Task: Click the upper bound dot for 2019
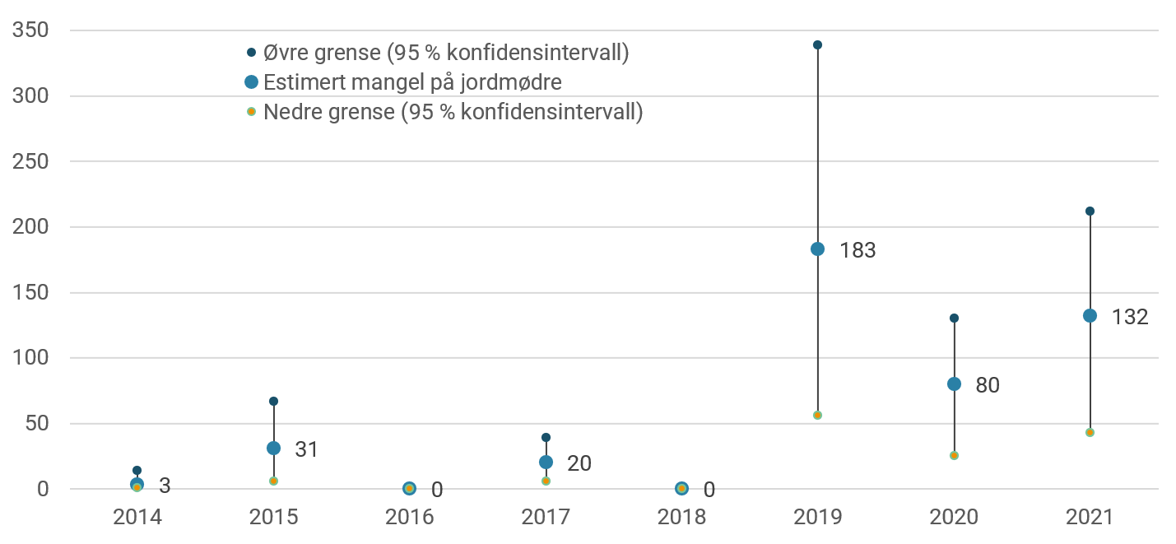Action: (817, 45)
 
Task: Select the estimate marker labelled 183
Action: (817, 249)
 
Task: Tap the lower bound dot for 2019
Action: (817, 415)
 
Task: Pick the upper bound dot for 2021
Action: (1090, 212)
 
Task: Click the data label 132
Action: (1129, 317)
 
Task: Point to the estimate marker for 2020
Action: (954, 384)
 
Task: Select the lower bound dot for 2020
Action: (954, 455)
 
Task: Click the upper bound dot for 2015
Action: (273, 402)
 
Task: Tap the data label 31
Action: (306, 450)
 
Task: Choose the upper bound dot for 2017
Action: (546, 438)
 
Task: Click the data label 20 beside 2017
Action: (579, 463)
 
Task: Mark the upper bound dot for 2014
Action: (137, 471)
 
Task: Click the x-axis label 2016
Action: (409, 518)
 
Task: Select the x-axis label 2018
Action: (681, 518)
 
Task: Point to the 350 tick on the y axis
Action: (31, 31)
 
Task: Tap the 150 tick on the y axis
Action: (31, 293)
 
